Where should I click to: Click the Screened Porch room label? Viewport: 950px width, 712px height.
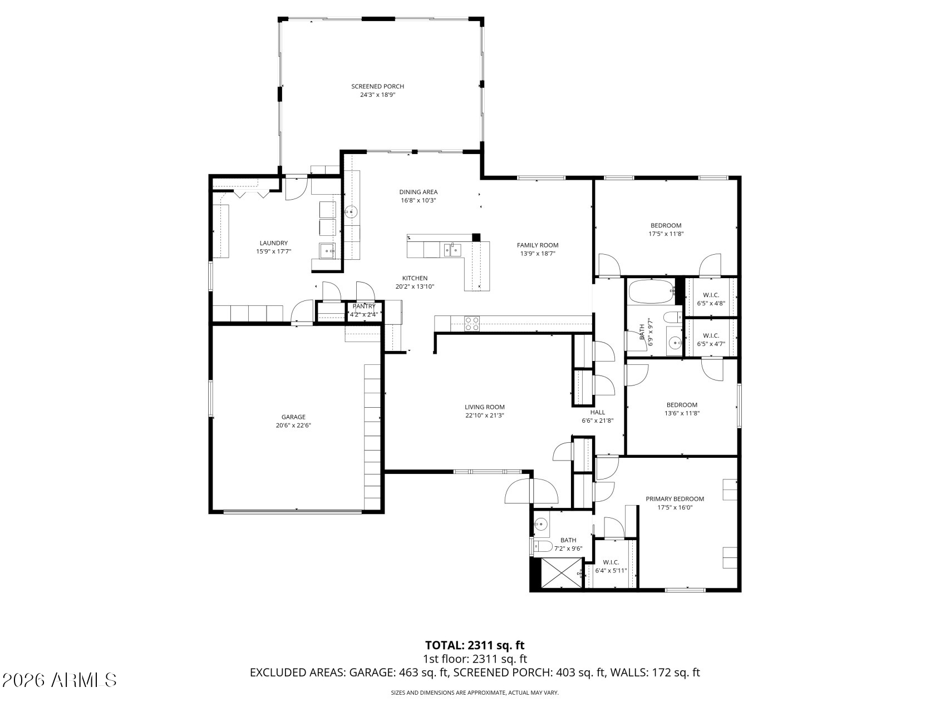(377, 86)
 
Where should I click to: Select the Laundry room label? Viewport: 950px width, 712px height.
(274, 243)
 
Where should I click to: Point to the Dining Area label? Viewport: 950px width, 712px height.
(419, 192)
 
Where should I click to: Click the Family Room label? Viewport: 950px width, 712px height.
(538, 245)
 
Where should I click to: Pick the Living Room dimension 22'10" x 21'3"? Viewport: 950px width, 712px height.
(485, 416)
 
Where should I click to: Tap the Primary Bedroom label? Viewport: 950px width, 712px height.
(675, 499)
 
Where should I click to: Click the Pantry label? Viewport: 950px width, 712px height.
(364, 306)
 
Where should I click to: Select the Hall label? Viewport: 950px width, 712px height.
(598, 412)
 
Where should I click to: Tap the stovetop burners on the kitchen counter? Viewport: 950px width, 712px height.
(472, 323)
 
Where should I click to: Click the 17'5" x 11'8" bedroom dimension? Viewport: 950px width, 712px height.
(666, 234)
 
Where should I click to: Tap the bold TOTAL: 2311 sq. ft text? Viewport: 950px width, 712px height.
(475, 645)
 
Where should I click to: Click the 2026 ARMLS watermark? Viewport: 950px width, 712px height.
(60, 680)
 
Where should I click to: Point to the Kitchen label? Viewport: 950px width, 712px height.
(415, 279)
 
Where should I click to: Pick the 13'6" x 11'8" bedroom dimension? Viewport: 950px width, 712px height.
(682, 413)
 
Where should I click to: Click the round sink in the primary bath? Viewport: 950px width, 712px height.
(540, 523)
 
